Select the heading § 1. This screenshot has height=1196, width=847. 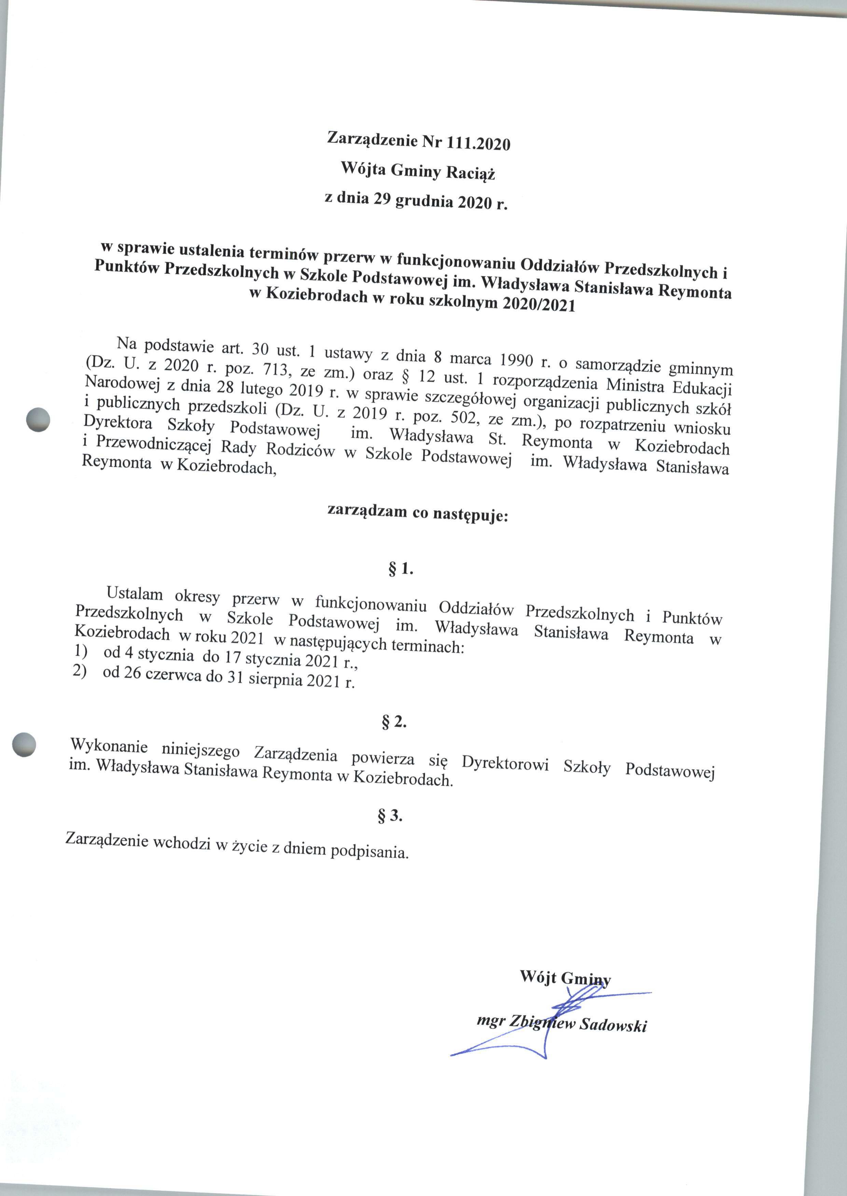401,570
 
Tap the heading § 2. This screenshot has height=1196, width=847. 394,723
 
